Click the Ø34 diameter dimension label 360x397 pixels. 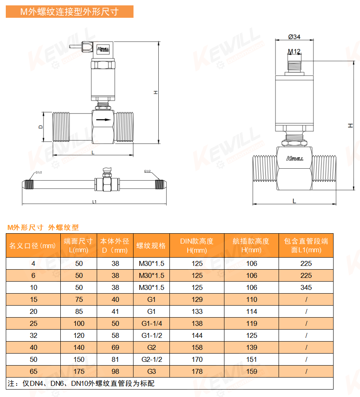click(x=294, y=37)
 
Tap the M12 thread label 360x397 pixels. click(x=294, y=51)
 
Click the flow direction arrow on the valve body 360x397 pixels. click(x=104, y=120)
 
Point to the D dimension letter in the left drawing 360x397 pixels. click(x=41, y=127)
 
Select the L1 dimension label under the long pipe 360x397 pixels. click(x=94, y=202)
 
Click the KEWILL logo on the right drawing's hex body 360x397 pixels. click(x=295, y=159)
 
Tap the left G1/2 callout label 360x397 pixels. click(x=39, y=172)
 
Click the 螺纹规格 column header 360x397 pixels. click(x=151, y=246)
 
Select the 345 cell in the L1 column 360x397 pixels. click(x=306, y=287)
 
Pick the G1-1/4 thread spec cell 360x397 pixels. click(x=152, y=323)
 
